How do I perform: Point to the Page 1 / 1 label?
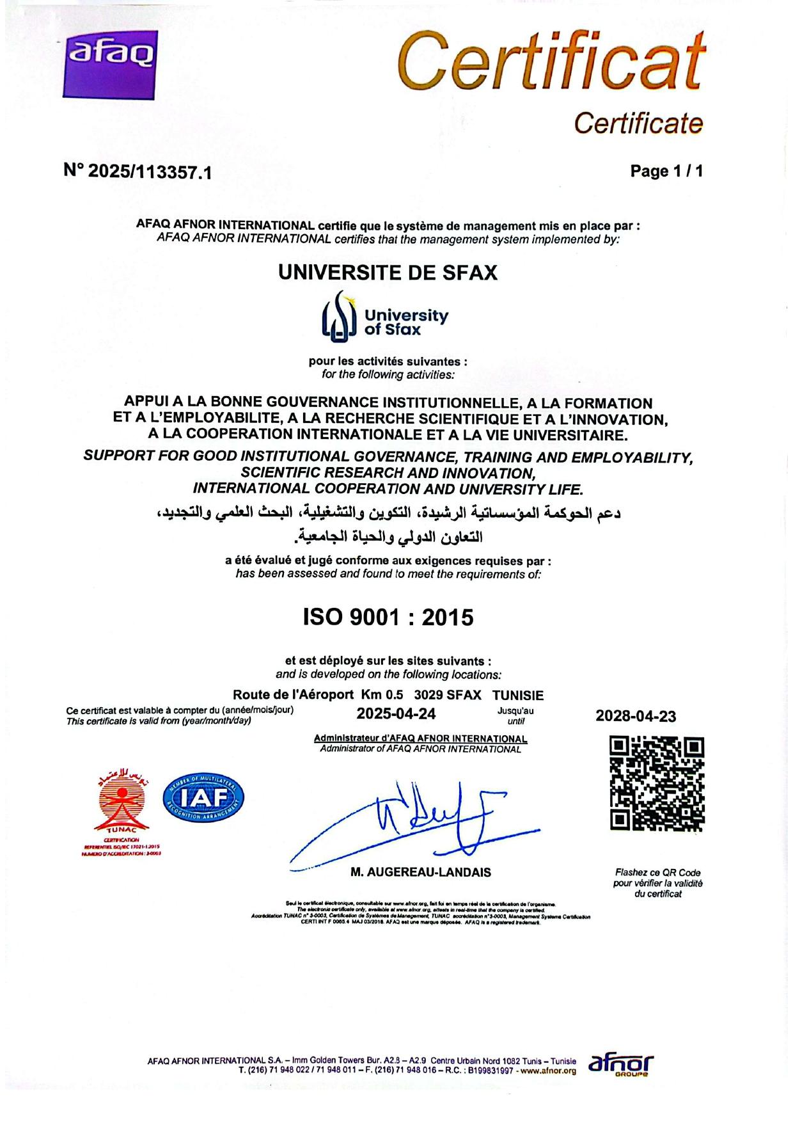(x=666, y=171)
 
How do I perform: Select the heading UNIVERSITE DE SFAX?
(x=388, y=273)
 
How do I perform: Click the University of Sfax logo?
(x=384, y=315)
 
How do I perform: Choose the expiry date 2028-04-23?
(x=636, y=716)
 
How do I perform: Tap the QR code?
(x=657, y=784)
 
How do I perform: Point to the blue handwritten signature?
(x=416, y=822)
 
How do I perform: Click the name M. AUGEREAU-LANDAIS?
(x=421, y=872)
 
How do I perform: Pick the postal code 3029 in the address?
(x=427, y=695)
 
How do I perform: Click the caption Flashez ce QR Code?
(x=657, y=872)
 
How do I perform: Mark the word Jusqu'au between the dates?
(x=515, y=710)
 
